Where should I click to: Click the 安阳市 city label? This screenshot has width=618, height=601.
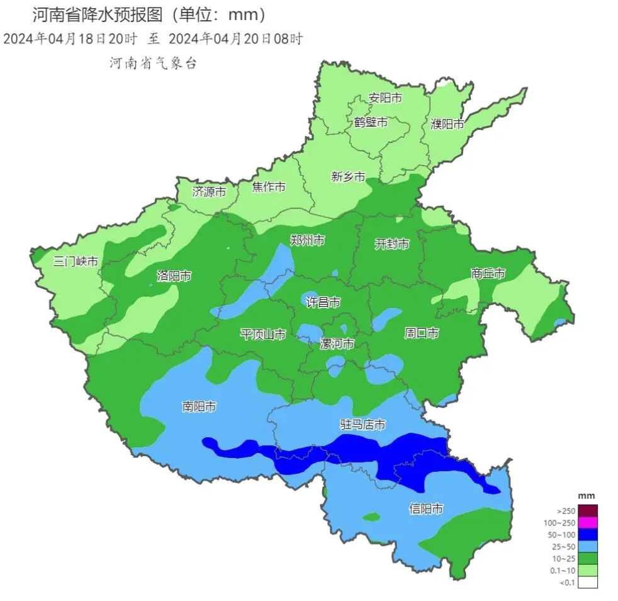point(385,98)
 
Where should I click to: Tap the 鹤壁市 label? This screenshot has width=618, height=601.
point(371,122)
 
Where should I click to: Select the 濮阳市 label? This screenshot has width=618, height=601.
point(447,123)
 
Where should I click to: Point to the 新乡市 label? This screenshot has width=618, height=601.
point(348,177)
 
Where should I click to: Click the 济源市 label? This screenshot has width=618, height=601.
point(209,192)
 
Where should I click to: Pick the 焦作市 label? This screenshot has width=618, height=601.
point(269,187)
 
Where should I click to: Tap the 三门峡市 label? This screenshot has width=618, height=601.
point(76,261)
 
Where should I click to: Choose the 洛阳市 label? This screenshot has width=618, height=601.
point(174,275)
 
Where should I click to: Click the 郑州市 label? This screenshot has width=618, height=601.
point(308,240)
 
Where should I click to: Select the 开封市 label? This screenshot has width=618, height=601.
point(392,244)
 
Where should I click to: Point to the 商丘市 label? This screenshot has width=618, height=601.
point(488,273)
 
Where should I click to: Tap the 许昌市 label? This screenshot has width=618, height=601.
point(323,302)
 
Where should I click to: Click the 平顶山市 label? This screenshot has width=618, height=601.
point(263,334)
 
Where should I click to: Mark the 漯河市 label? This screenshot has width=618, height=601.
point(337,344)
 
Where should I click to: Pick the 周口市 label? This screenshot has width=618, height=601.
point(421,333)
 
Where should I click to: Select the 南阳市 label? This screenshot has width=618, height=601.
point(199,407)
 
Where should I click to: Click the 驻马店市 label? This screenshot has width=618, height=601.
point(362,425)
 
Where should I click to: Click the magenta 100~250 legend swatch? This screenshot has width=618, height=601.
point(587,522)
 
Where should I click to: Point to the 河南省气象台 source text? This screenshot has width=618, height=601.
point(154,63)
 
